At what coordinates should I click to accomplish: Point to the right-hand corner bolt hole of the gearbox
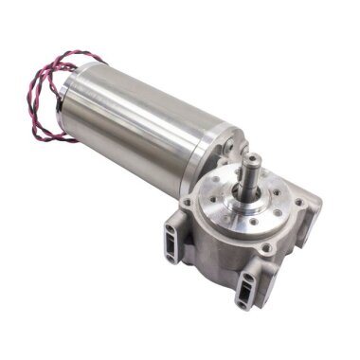click(309, 203)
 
